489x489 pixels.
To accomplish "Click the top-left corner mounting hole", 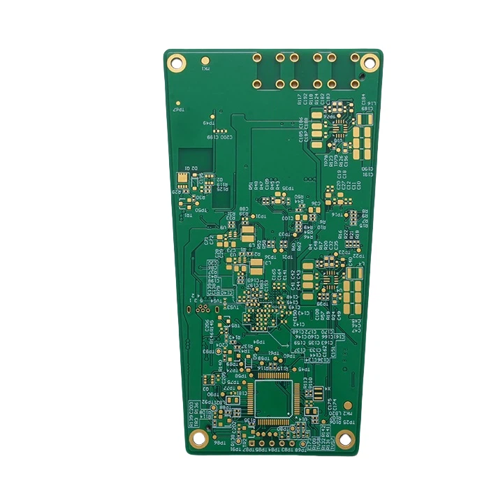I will pos(177,61).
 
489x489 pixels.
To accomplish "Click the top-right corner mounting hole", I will pos(370,63).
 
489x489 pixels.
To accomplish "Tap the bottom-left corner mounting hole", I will pos(199,438).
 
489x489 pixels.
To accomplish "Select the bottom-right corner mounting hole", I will pos(343,438).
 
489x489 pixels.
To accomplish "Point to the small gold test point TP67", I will pos(180,103).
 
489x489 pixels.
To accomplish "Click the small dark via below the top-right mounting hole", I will pos(362,75).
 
